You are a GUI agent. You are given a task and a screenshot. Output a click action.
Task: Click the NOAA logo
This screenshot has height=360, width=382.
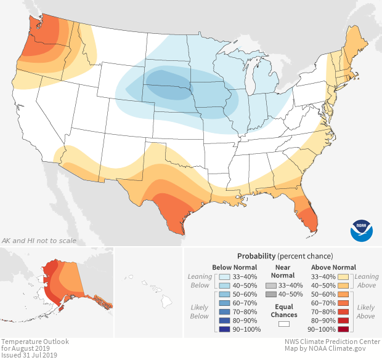[x=362, y=230]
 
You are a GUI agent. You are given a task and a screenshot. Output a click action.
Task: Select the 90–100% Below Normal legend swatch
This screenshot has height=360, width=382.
[x=226, y=330]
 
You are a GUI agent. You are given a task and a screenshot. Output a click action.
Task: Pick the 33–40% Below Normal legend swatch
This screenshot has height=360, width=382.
[x=226, y=276]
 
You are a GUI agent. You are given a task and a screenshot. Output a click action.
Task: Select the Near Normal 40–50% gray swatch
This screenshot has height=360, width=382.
[x=271, y=295]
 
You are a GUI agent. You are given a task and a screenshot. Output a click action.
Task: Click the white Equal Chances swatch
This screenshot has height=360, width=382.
[x=284, y=323]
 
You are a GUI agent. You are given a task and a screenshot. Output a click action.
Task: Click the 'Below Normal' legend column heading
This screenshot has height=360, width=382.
[x=235, y=267]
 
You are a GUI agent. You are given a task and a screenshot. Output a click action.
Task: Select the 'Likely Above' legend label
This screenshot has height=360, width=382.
[x=366, y=312]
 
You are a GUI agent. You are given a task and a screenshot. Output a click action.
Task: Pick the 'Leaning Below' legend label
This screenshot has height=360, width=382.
[x=200, y=281]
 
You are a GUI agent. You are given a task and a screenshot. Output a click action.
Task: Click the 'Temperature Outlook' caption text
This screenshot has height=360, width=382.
[x=35, y=342]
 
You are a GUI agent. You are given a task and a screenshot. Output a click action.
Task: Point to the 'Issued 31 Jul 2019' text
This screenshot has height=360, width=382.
[x=29, y=355]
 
